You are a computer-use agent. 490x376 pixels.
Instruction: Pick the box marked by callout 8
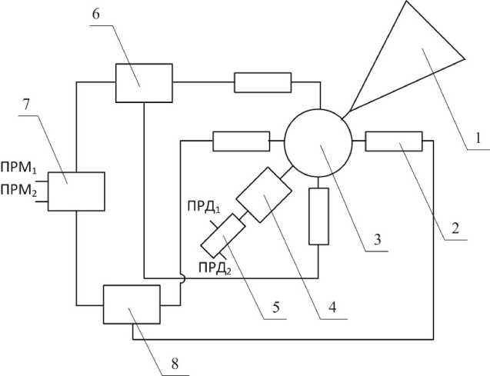click(x=132, y=304)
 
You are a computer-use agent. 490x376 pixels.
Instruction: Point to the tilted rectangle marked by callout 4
click(x=262, y=197)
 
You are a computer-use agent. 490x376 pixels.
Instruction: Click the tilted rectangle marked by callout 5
click(x=223, y=235)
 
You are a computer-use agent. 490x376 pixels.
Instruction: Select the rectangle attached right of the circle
click(x=394, y=141)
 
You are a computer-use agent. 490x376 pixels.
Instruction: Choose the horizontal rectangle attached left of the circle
click(x=239, y=141)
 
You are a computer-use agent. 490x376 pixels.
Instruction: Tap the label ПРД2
click(x=215, y=266)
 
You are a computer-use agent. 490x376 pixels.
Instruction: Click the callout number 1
click(x=476, y=139)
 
